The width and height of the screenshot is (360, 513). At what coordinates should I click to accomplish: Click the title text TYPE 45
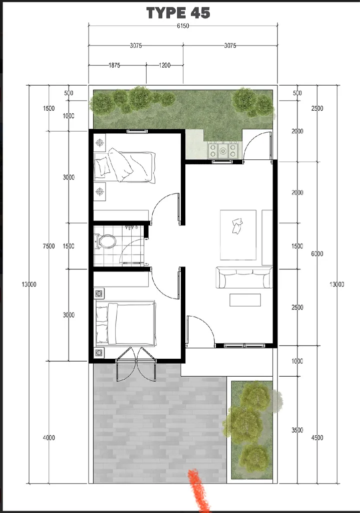[x=178, y=13]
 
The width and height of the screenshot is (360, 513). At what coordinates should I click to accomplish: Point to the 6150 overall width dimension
[x=183, y=26]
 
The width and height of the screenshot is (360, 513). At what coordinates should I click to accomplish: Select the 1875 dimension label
[x=114, y=65]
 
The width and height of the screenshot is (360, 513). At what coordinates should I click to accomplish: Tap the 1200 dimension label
[x=164, y=65]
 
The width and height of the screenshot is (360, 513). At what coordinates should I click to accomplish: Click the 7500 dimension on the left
[x=49, y=246]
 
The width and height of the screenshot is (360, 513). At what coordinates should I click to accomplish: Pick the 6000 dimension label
[x=317, y=253]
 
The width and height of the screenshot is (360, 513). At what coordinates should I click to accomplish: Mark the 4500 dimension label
[x=317, y=438]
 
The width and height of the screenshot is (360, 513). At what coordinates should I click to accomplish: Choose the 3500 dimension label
[x=297, y=430]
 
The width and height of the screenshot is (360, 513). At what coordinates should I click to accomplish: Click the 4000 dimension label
[x=49, y=438]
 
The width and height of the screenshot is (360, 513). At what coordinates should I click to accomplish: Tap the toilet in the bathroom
[x=105, y=242]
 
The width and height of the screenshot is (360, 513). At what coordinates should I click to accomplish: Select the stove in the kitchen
[x=223, y=150]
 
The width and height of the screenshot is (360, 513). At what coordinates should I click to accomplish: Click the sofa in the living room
[x=244, y=278]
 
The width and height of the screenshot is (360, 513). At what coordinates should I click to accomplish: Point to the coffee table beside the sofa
[x=245, y=300]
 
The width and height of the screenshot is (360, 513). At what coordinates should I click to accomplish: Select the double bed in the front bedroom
[x=125, y=323]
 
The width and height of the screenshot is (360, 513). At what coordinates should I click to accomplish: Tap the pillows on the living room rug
[x=237, y=226]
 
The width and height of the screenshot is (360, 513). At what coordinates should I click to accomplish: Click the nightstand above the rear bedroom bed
[x=100, y=143]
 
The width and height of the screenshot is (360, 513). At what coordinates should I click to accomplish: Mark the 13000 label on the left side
[x=29, y=285]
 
